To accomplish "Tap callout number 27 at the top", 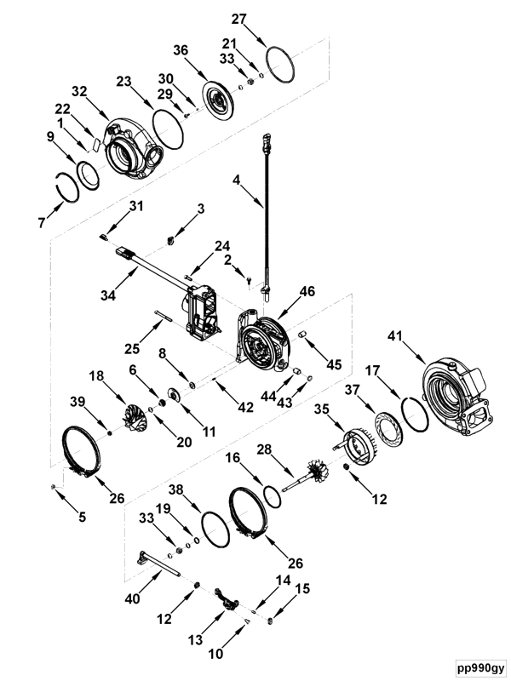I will tap(240, 18).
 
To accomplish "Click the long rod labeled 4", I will tap(267, 213).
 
